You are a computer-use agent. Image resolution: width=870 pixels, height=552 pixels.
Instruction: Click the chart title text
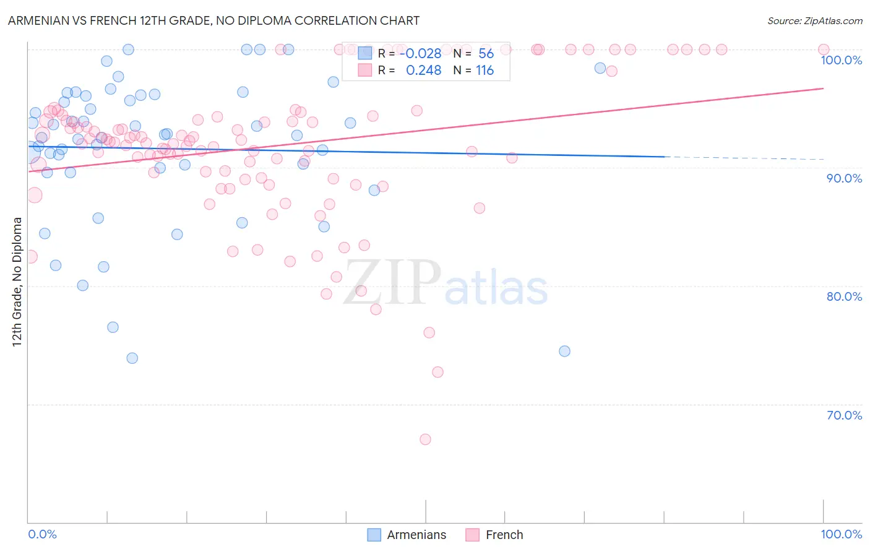213,20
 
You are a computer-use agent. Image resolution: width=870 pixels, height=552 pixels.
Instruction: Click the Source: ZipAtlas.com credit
814,20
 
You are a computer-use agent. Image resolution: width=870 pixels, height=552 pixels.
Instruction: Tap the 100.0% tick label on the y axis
841,60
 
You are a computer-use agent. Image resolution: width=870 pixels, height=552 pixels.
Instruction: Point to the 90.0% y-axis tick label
844,178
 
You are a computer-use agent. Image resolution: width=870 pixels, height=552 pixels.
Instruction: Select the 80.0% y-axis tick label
844,296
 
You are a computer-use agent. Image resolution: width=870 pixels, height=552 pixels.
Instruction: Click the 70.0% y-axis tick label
844,415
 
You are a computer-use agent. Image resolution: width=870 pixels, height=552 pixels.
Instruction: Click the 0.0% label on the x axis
42,534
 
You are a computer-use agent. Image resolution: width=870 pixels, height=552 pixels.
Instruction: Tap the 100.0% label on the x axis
841,534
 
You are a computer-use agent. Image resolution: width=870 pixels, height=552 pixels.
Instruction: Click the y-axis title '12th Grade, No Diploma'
17,282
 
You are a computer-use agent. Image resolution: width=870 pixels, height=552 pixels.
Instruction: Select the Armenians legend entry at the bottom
407,535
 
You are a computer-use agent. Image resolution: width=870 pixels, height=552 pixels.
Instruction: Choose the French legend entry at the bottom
494,535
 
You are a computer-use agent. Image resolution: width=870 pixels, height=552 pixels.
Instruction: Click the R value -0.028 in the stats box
421,54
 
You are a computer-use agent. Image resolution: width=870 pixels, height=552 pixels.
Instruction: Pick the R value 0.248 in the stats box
423,71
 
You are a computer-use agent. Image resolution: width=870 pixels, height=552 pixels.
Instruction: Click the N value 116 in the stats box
485,71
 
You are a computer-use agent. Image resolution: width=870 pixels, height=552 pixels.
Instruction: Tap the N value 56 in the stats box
486,54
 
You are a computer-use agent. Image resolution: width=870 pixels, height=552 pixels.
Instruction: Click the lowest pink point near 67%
425,439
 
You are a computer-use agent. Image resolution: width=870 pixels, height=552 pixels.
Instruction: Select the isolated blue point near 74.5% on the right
564,351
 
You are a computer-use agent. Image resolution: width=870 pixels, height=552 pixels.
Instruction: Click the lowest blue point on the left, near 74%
132,358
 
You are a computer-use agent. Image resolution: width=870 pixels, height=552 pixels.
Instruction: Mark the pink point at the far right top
823,50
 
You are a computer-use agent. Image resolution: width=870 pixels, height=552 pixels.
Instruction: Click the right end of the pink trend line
823,88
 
